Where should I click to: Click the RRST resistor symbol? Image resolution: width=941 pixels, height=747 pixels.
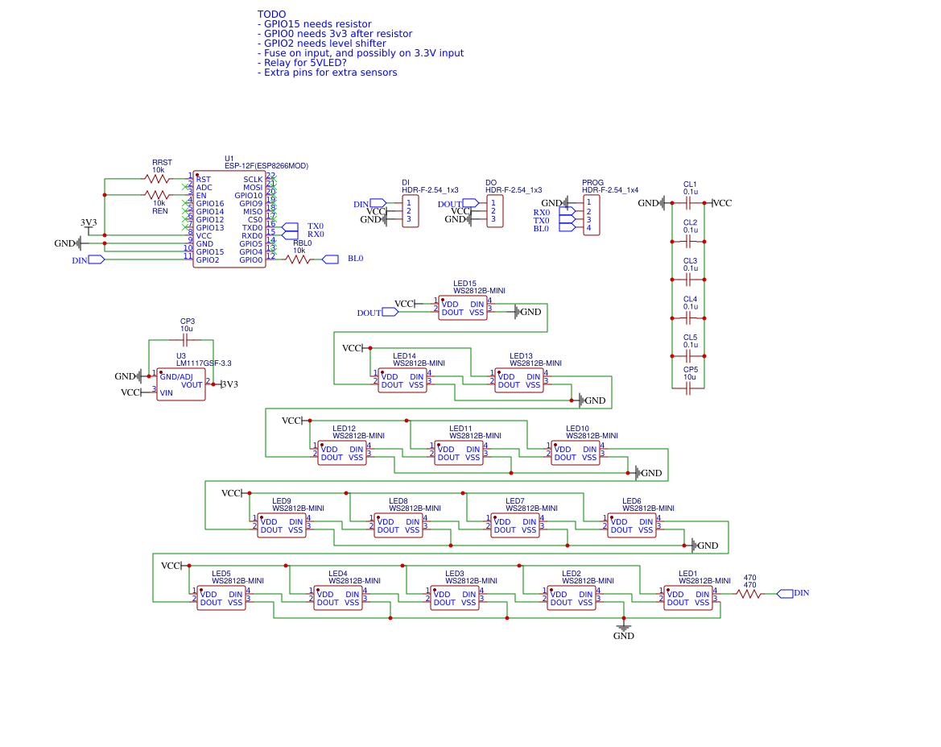click(157, 178)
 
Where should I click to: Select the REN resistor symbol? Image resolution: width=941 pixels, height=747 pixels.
click(157, 195)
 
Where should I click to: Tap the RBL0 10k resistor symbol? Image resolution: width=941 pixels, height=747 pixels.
click(299, 259)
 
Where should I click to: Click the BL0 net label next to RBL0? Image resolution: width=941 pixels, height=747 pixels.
click(355, 259)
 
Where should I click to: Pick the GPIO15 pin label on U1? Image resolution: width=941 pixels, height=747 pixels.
click(210, 251)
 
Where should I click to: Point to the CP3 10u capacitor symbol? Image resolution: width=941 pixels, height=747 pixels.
click(187, 340)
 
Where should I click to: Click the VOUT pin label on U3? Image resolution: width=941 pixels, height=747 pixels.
click(192, 384)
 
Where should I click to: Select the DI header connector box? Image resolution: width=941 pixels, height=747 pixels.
click(411, 211)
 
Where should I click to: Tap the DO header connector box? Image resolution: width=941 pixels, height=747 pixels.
click(495, 211)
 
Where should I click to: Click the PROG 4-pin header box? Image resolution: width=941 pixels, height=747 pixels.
click(591, 215)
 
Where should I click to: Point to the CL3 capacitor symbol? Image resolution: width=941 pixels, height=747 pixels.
click(688, 280)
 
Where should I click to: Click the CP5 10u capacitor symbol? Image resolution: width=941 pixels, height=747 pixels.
click(688, 388)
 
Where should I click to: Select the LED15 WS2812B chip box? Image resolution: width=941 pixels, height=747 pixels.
click(463, 308)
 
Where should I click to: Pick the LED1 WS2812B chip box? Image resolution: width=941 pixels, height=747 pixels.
click(688, 598)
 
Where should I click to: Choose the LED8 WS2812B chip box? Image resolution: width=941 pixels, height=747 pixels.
click(398, 525)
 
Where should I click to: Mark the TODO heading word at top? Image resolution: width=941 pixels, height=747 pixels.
click(271, 15)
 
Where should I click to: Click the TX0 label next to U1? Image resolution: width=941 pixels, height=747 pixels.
click(316, 226)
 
